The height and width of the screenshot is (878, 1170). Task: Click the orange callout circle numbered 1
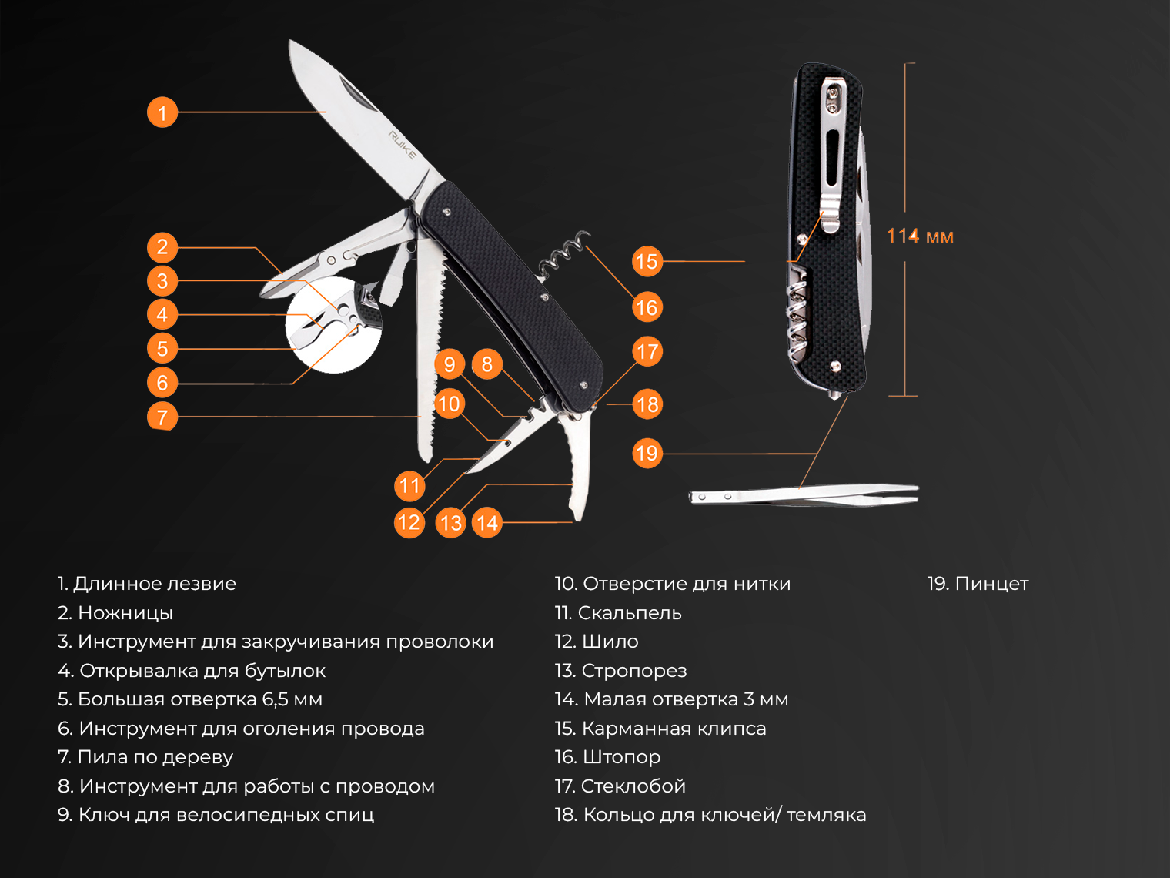(162, 112)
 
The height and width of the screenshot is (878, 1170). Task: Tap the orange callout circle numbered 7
(162, 417)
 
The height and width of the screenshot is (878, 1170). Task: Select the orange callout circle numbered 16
(647, 307)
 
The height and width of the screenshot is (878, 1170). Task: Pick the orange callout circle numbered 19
(647, 453)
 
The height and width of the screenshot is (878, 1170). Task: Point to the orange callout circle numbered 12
(409, 522)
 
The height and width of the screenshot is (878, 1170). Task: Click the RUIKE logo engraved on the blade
(402, 145)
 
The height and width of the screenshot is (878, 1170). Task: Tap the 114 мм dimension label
(920, 236)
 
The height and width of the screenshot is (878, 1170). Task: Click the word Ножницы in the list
(125, 613)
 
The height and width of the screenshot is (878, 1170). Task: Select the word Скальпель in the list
(630, 613)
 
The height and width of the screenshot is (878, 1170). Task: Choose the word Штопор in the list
(621, 757)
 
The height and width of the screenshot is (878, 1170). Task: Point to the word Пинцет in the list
(991, 584)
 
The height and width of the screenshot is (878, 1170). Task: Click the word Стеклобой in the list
(633, 786)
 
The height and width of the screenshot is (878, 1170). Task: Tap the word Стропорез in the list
(634, 671)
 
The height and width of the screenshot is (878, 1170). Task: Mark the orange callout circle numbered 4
(162, 314)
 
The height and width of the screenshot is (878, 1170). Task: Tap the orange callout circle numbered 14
(487, 522)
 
